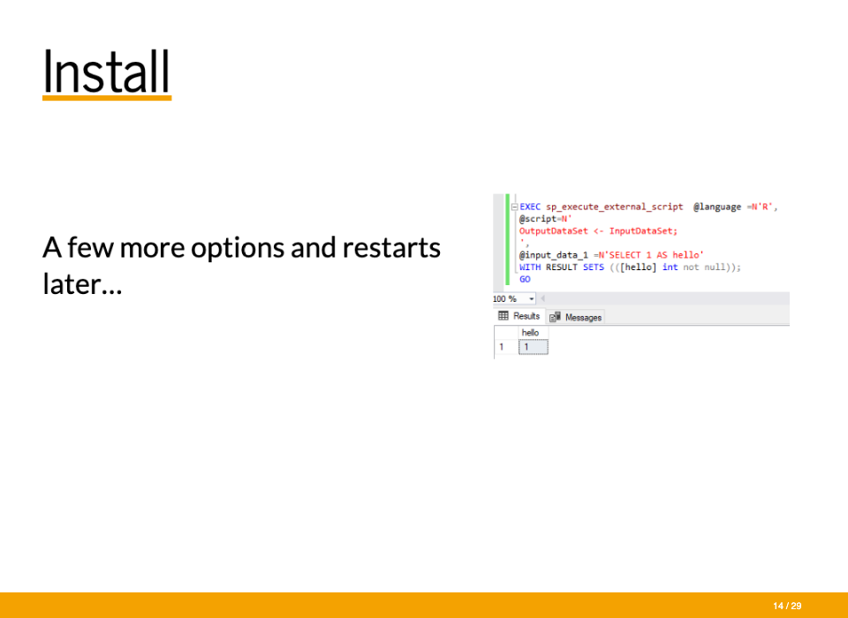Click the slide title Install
coord(107,72)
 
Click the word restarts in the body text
coord(391,247)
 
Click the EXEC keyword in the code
coord(529,207)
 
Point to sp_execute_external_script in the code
coord(615,207)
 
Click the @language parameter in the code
coord(717,207)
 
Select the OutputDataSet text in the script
coord(553,231)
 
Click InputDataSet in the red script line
coord(643,231)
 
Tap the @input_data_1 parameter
coord(553,255)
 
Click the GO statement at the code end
coord(525,279)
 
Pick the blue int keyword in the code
coord(670,268)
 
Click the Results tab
coord(519,316)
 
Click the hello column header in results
coord(530,333)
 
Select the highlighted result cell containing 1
coord(534,347)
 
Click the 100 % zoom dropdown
coord(514,298)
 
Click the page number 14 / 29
coord(787,607)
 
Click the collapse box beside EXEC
coord(514,207)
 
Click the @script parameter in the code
coord(538,219)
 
